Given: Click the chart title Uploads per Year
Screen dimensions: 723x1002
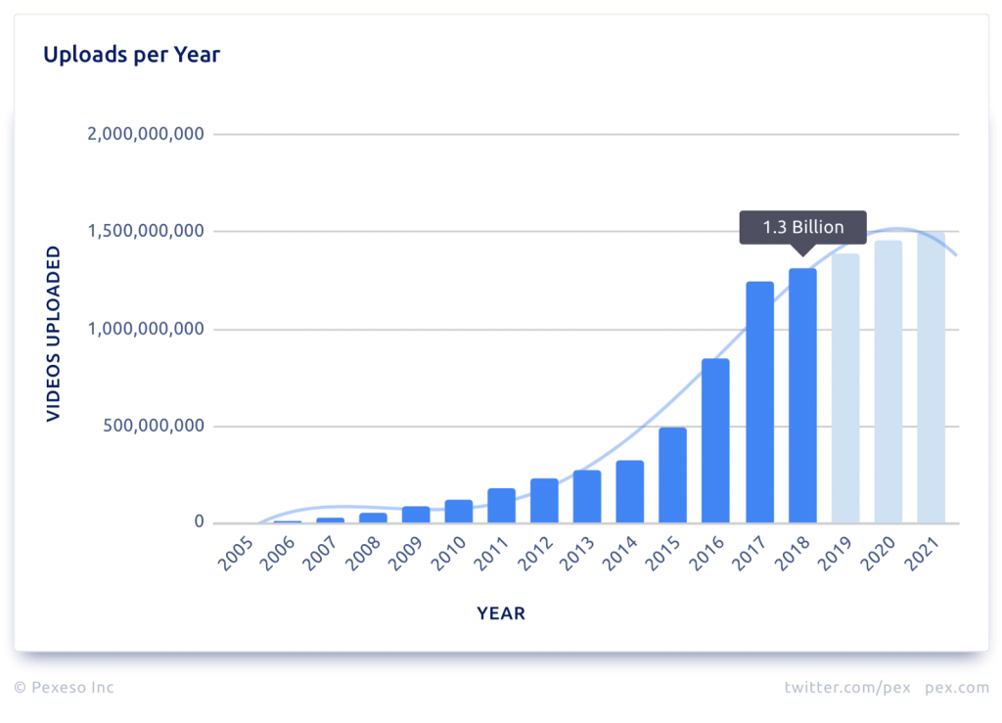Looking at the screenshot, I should pyautogui.click(x=131, y=55).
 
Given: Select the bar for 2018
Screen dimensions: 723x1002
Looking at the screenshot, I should pyautogui.click(x=802, y=395).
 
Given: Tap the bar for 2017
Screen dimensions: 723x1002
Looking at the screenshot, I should pyautogui.click(x=759, y=402).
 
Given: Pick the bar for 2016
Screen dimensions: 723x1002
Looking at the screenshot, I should pyautogui.click(x=715, y=440).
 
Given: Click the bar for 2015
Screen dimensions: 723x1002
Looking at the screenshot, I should pyautogui.click(x=672, y=475).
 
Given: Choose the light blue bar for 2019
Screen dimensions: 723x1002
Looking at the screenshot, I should pyautogui.click(x=845, y=388).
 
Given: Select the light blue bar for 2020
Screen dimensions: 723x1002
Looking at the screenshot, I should pyautogui.click(x=888, y=382).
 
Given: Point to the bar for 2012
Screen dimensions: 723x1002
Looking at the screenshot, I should pyautogui.click(x=544, y=500).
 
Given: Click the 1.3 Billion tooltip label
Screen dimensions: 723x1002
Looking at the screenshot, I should pyautogui.click(x=802, y=227).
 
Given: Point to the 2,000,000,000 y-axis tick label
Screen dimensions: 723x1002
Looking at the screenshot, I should pyautogui.click(x=145, y=134).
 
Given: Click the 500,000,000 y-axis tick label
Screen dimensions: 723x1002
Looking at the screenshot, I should pyautogui.click(x=155, y=427).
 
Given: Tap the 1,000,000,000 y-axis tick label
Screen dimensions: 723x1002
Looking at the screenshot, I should pyautogui.click(x=145, y=330).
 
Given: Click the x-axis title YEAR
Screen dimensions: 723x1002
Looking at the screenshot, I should pyautogui.click(x=501, y=614).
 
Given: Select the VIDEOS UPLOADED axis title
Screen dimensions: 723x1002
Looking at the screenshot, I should pyautogui.click(x=54, y=334).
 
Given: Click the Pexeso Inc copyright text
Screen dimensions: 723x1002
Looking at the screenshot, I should pyautogui.click(x=64, y=688).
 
